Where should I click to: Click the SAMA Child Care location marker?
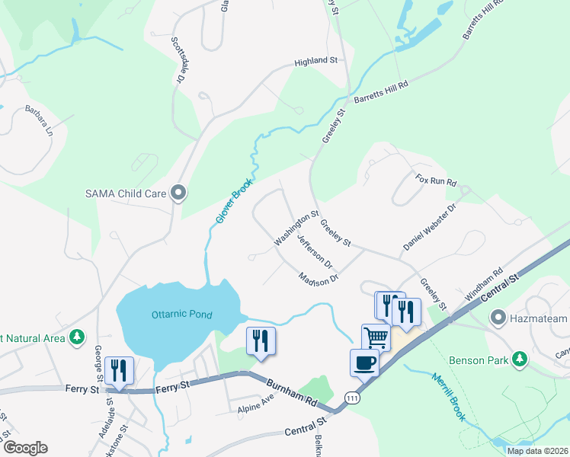pos(178,193)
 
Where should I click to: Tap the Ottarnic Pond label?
pos(181,314)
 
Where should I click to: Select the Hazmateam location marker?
pos(499,316)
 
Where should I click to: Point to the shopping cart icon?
pos(376,337)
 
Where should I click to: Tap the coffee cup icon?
pos(364,362)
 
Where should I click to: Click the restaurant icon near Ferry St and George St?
pos(120,370)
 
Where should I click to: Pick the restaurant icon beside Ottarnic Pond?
pos(261,340)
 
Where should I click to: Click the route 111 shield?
pos(351,398)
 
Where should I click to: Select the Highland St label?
pos(315,60)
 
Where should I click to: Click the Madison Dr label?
pos(318,279)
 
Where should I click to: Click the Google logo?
pos(24,448)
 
